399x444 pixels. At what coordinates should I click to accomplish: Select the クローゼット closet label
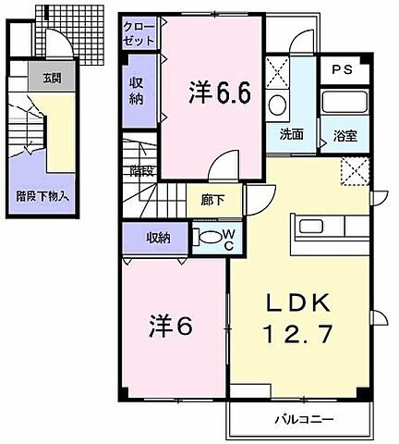click(x=140, y=35)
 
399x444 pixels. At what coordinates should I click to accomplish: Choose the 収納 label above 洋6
click(x=158, y=238)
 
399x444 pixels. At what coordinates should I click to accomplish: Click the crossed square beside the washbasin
click(x=276, y=70)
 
